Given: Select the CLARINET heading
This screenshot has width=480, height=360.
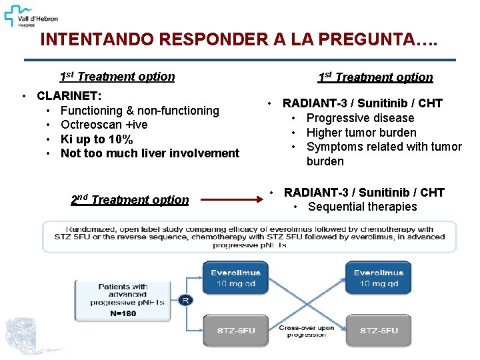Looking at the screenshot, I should (69, 96).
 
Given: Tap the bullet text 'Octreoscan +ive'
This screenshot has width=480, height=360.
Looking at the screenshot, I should (104, 125).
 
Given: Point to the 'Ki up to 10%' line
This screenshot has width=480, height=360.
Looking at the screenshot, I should (97, 139).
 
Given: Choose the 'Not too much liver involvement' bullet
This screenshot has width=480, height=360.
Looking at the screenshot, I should (149, 153).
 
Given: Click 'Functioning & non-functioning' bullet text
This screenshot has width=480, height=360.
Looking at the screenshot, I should (139, 111).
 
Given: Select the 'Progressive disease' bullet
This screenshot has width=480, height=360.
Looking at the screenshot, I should (360, 118).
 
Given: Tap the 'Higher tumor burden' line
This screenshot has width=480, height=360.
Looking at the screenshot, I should (361, 133).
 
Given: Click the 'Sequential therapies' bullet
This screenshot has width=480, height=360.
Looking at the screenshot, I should (362, 207).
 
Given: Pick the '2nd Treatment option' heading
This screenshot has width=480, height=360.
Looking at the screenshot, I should (130, 199).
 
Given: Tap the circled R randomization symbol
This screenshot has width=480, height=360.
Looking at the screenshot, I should (185, 300).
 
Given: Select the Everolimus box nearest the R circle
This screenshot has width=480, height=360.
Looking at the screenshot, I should (235, 278).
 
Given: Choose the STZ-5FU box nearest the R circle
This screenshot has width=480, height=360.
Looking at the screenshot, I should (235, 331).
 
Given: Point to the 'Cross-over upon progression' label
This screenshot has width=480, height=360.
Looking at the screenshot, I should (306, 331).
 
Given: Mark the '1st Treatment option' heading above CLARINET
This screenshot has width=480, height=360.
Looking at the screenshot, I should (117, 76).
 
